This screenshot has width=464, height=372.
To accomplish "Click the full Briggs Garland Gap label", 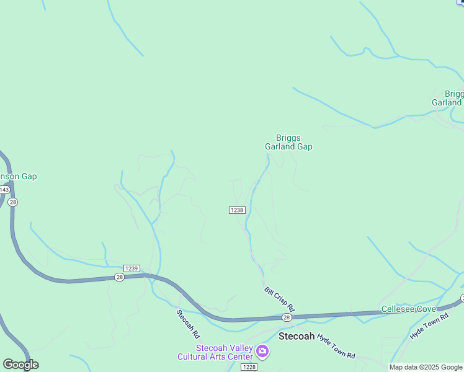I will coord(288,143).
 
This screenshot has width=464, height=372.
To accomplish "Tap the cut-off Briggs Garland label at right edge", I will coord(447,98).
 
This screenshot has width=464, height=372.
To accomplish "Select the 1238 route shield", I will coord(237,210).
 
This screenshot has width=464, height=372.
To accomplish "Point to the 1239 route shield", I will coord(131,268).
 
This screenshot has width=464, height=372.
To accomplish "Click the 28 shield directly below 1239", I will coord(120,277).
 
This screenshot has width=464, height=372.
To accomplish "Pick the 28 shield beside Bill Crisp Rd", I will coord(286,317).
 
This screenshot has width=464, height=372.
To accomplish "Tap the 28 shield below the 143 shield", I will coord(14,202).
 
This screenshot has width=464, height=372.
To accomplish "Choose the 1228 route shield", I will coord(249,367).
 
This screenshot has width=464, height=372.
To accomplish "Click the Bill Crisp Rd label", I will coord(279,299).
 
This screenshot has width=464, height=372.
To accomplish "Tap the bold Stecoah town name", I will coord(297,336).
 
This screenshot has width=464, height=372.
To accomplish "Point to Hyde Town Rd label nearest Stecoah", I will coord(336,347).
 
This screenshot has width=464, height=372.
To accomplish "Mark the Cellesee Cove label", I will coord(408,309).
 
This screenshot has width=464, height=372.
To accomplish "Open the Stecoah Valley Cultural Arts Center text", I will coord(215,352).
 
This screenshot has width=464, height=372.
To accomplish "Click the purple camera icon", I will coord(262,352).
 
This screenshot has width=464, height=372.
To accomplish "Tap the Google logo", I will coord(20,365).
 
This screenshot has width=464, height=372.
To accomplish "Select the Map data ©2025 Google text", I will coord(426,367).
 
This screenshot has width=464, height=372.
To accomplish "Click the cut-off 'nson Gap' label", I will coord(18,176).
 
